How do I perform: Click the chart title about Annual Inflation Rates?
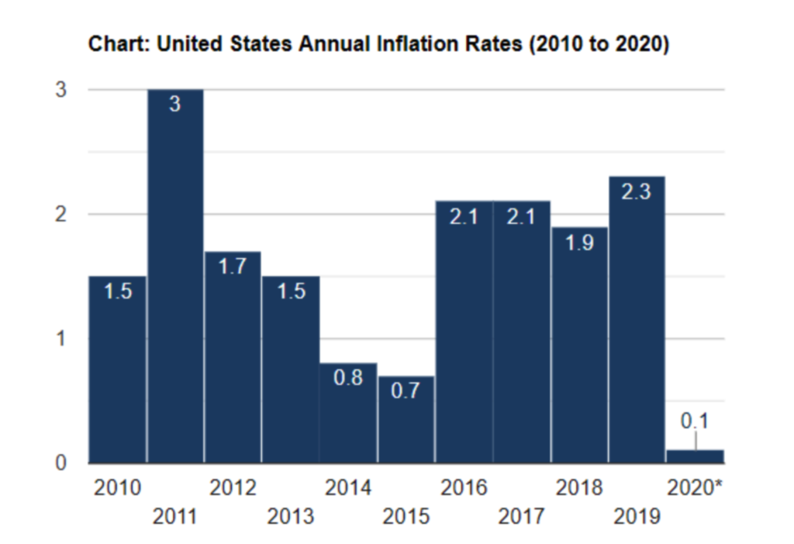(x=378, y=44)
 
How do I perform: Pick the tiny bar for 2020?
(x=696, y=456)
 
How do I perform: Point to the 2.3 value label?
(x=637, y=192)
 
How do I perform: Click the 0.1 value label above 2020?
(x=696, y=422)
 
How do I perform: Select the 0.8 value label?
(x=348, y=379)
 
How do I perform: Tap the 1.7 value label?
(x=233, y=267)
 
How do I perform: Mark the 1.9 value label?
(x=579, y=243)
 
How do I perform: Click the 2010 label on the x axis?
(x=117, y=488)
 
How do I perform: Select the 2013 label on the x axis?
(x=291, y=516)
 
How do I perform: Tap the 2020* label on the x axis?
(x=696, y=488)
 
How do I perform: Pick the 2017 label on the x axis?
(x=522, y=516)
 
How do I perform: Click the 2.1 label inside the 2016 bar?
(x=464, y=218)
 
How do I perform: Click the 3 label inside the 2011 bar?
(x=175, y=105)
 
